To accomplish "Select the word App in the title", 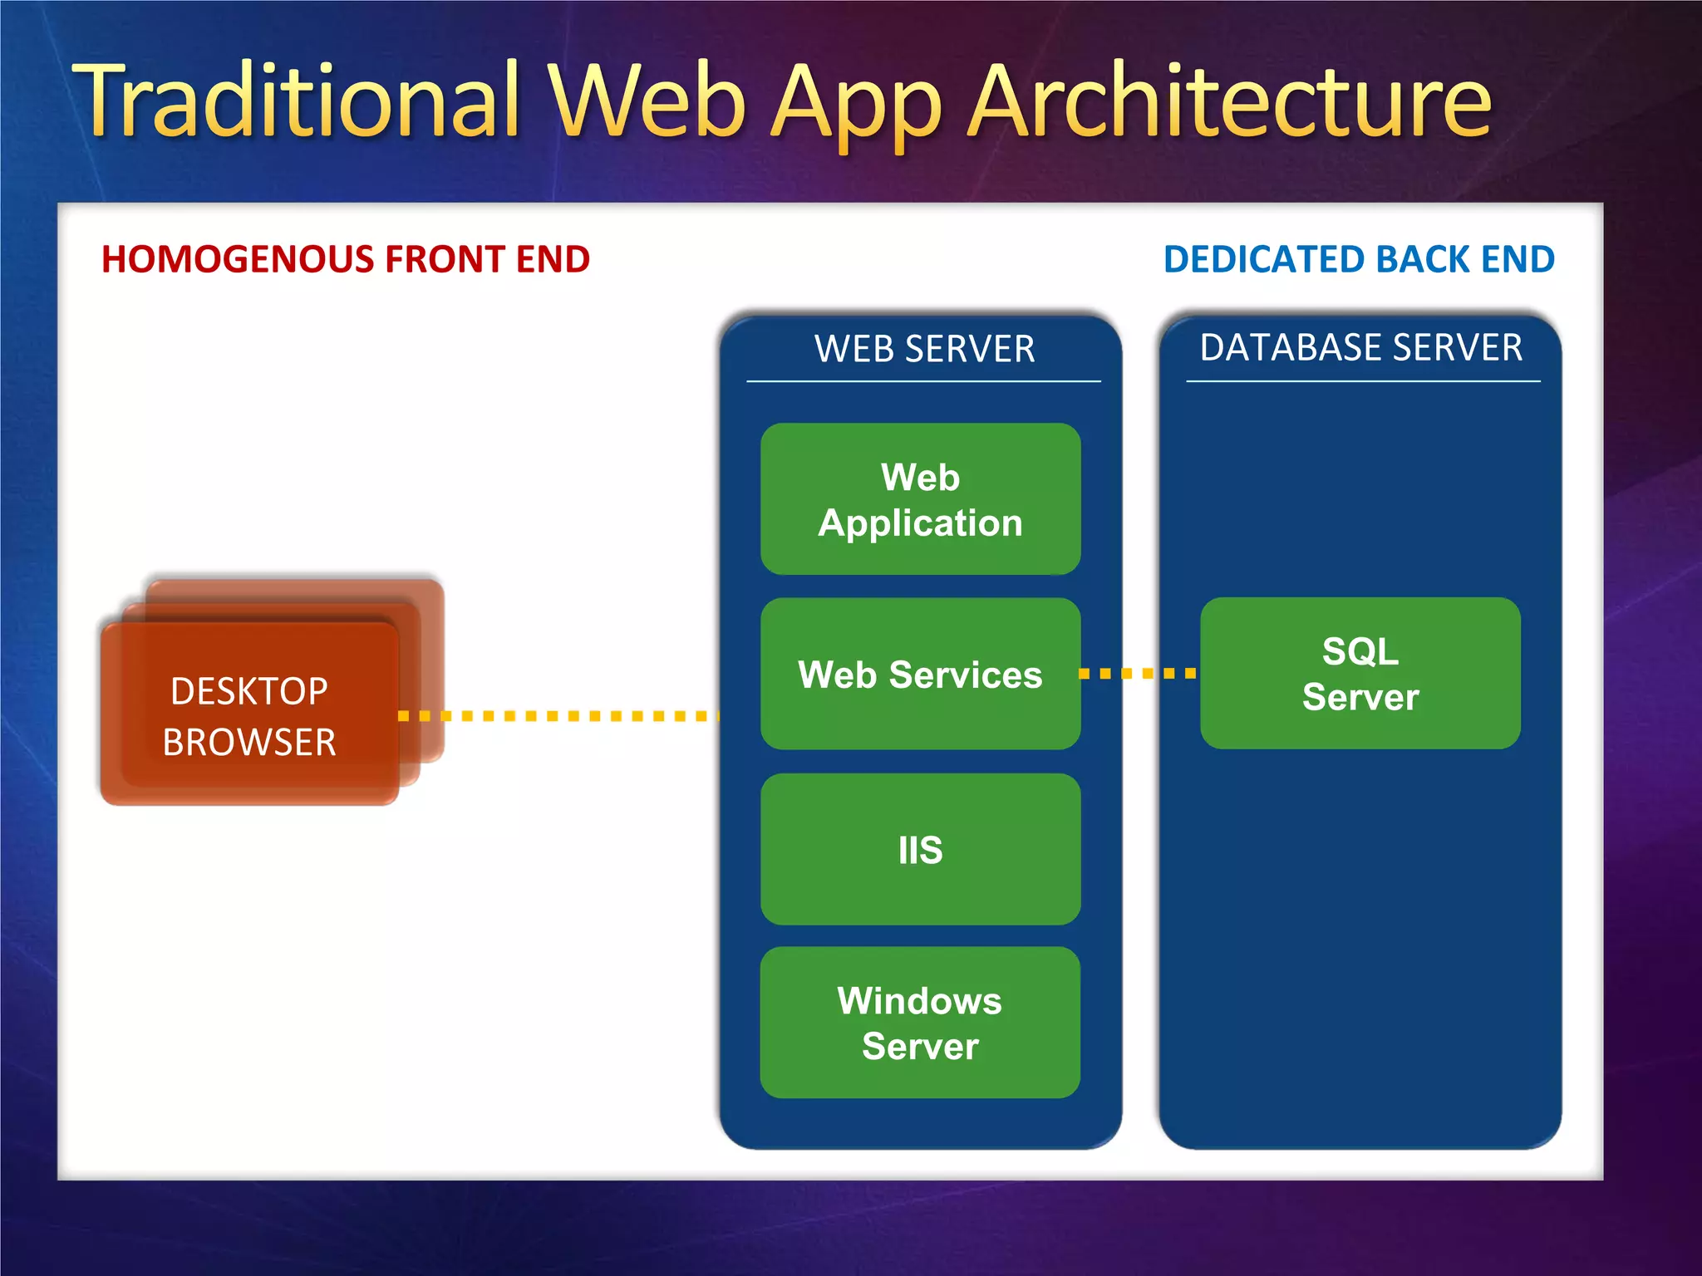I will [856, 108].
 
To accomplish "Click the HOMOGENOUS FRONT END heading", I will [346, 259].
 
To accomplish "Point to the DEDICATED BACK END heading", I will [1359, 259].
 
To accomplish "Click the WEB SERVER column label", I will [924, 349].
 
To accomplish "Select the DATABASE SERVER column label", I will [1361, 347].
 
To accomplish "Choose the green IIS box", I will [920, 850].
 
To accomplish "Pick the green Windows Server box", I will [920, 1023].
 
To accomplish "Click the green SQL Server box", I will [1360, 673].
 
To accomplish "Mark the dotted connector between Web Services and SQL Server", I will [1139, 673].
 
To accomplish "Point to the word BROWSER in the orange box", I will [249, 742].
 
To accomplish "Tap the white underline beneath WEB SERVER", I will [923, 381].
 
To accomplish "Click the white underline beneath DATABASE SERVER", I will [1363, 381].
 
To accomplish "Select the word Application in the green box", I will [920, 523].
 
